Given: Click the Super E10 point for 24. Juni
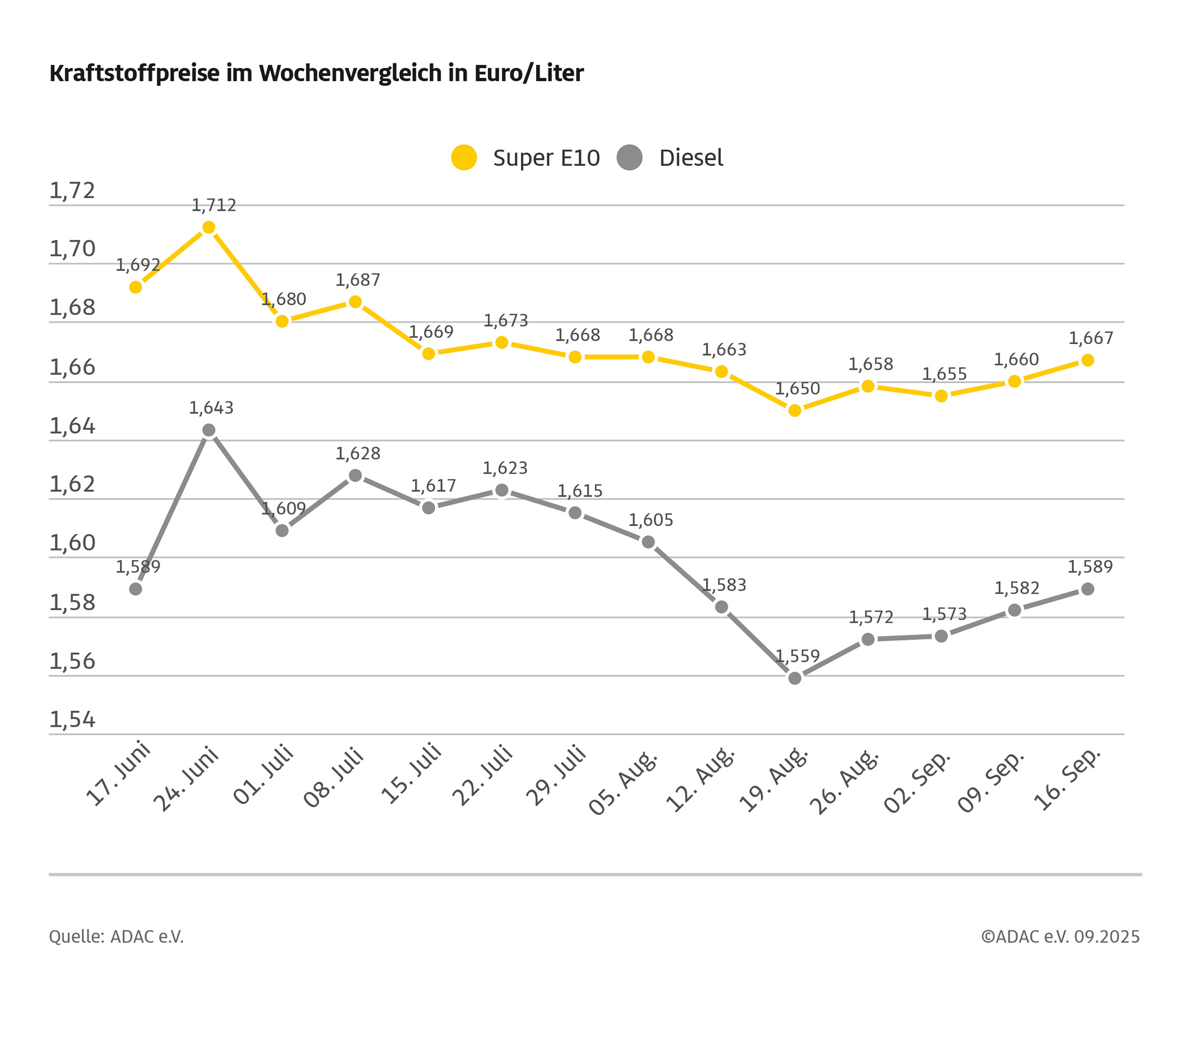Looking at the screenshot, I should [x=208, y=227].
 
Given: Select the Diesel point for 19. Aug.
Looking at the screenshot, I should [x=795, y=678].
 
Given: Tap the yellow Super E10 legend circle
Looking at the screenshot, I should [x=464, y=157].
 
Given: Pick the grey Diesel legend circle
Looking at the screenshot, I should [x=629, y=157].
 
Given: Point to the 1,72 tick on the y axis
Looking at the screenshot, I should [x=72, y=191].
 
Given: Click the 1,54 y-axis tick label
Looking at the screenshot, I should [x=72, y=720].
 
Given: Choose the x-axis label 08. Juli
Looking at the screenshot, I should [x=333, y=778].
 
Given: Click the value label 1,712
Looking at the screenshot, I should [x=214, y=205].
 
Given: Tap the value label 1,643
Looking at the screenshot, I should [x=211, y=408].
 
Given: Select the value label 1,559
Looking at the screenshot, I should [x=797, y=656].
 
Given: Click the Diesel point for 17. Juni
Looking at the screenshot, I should [x=136, y=589].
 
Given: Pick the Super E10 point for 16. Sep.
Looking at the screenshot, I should [x=1087, y=360].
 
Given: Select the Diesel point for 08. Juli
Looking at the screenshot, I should [x=355, y=476].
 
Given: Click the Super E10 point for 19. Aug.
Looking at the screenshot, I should [x=795, y=410].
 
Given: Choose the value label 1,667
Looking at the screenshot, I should [x=1091, y=338].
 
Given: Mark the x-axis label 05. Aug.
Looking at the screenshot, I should [x=623, y=783].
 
